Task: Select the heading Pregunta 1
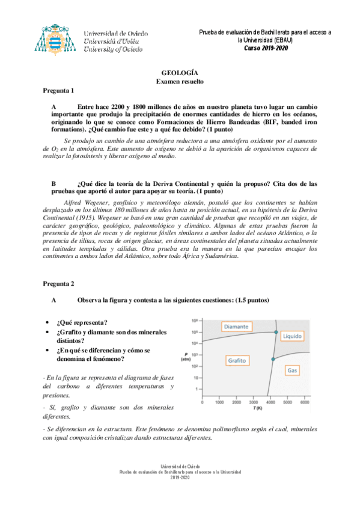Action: tap(58, 90)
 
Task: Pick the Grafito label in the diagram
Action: tap(237, 360)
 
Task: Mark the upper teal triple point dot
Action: tap(276, 332)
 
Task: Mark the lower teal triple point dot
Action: tap(272, 359)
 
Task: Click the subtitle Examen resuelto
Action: tap(180, 80)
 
